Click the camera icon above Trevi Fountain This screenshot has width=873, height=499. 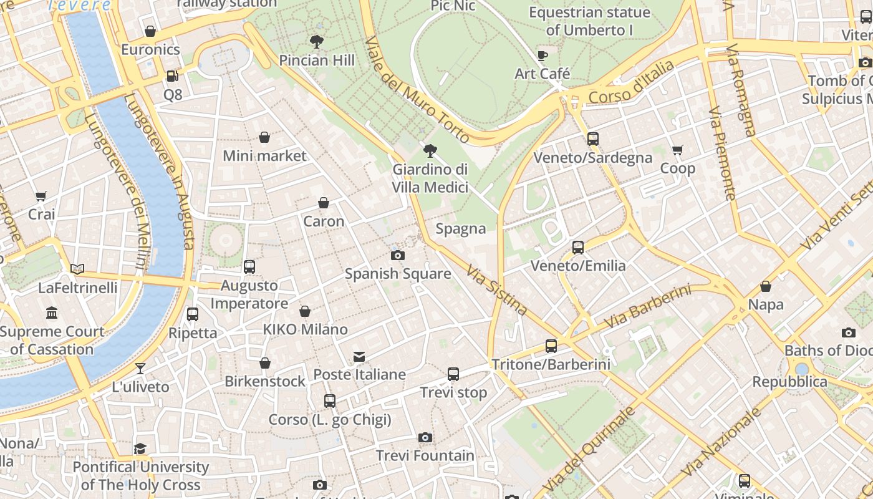(425, 438)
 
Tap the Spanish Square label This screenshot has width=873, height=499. (398, 273)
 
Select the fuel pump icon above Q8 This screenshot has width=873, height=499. (172, 76)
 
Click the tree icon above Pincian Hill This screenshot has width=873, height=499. (317, 42)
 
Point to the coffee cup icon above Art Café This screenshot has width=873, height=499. (543, 56)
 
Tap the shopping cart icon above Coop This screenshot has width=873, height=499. (678, 150)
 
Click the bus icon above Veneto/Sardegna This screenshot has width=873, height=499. (593, 139)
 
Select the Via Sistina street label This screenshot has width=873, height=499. (497, 289)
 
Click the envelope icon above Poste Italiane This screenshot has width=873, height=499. (359, 357)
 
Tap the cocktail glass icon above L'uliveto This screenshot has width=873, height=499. (140, 369)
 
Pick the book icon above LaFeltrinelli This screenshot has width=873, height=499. (77, 269)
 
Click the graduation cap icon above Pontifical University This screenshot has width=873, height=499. (140, 449)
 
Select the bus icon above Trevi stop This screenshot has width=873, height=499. (453, 374)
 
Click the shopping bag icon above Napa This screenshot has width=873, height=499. (766, 286)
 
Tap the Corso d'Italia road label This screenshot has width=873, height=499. (631, 82)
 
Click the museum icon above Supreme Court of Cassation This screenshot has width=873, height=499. (52, 313)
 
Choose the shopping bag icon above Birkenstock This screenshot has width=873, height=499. (265, 363)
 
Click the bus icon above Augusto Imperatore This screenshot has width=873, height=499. (249, 267)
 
